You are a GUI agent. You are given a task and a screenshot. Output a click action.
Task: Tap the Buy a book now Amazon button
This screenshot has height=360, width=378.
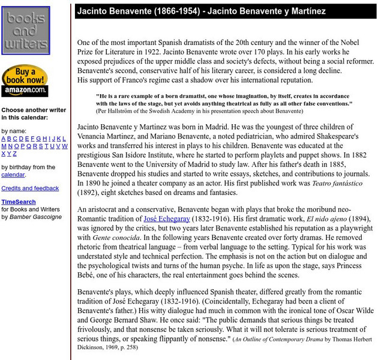(24, 81)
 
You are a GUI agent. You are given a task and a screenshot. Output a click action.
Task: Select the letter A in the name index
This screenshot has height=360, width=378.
(4, 139)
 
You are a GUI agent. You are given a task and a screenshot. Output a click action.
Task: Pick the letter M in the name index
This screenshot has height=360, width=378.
(4, 146)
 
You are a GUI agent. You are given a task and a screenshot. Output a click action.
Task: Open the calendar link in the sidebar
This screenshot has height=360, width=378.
(13, 175)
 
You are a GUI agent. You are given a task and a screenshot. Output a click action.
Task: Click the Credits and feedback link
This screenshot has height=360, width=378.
(30, 188)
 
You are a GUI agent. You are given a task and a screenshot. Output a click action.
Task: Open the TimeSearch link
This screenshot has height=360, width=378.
(19, 202)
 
